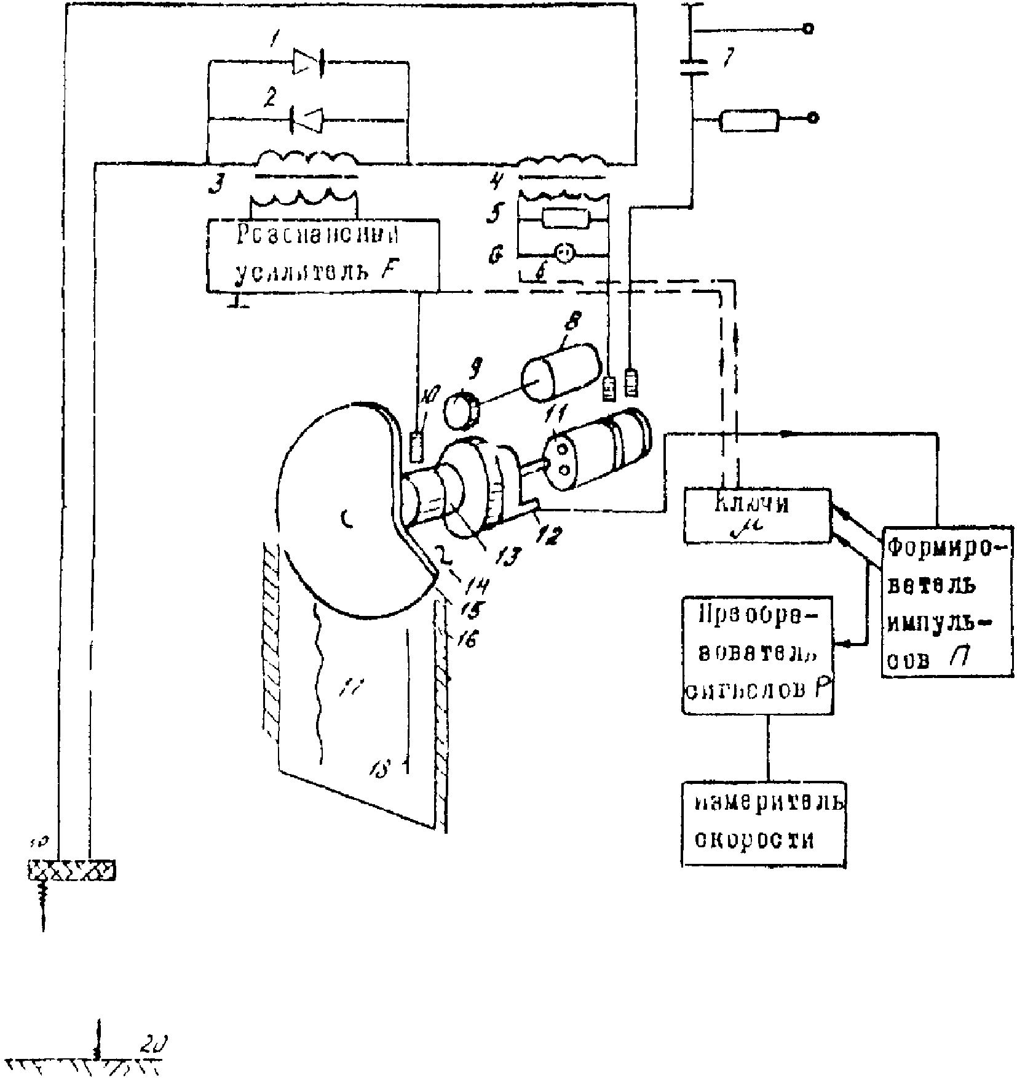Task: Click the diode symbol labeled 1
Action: [309, 62]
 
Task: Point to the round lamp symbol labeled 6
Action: [564, 252]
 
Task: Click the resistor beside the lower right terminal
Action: [749, 120]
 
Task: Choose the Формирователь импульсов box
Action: [948, 602]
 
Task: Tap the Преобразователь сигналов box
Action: [758, 655]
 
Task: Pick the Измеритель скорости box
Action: [763, 824]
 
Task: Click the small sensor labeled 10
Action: [417, 447]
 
